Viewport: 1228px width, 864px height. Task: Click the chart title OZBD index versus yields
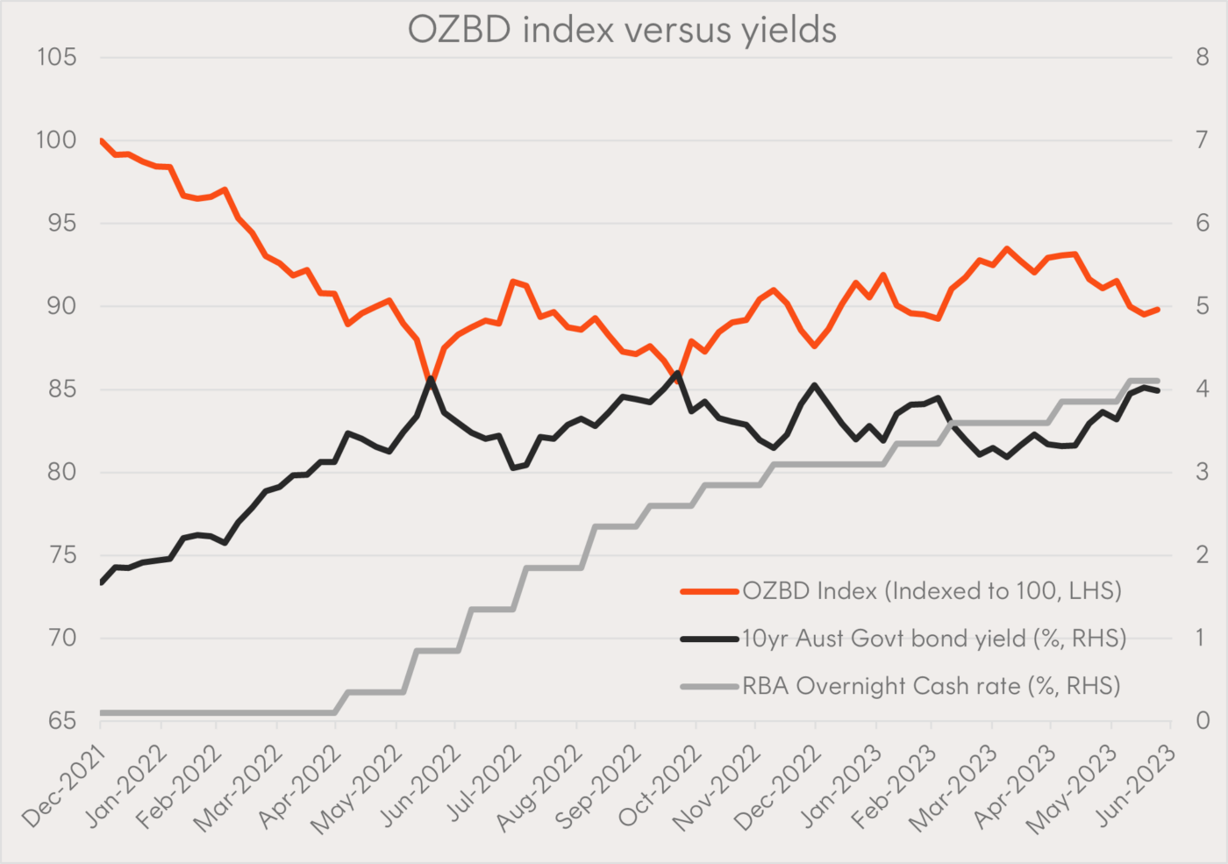[x=622, y=30]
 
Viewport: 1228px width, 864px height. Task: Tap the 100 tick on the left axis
[x=56, y=140]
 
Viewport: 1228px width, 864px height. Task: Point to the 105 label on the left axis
[x=56, y=58]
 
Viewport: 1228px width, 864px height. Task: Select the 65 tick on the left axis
[x=61, y=721]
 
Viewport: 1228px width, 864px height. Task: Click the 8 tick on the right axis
[x=1202, y=58]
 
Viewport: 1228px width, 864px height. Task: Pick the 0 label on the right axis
[x=1202, y=721]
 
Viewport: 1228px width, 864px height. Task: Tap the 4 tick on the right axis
[x=1202, y=389]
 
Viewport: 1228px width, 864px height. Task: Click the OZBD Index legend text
[x=932, y=591]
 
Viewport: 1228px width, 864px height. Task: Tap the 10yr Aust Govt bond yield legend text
[x=934, y=639]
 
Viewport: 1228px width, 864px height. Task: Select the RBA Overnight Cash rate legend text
[x=932, y=686]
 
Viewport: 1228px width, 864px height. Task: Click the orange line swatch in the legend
[x=709, y=592]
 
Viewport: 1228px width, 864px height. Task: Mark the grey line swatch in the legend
[x=709, y=687]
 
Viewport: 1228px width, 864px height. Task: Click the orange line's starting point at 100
[x=102, y=140]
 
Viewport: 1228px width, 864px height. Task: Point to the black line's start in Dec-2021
[x=102, y=582]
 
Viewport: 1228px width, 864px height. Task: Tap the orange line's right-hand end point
[x=1158, y=310]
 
